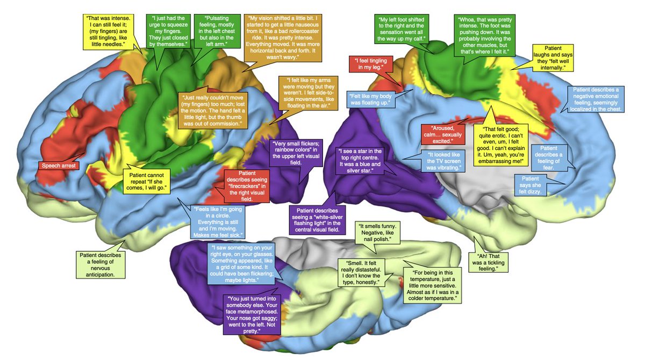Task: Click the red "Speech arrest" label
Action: (x=59, y=165)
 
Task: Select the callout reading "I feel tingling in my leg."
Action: (x=372, y=63)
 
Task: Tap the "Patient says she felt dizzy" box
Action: (x=531, y=185)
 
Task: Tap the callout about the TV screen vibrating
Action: (x=442, y=161)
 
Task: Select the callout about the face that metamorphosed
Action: (x=250, y=314)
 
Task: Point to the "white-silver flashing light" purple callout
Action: (x=314, y=219)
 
